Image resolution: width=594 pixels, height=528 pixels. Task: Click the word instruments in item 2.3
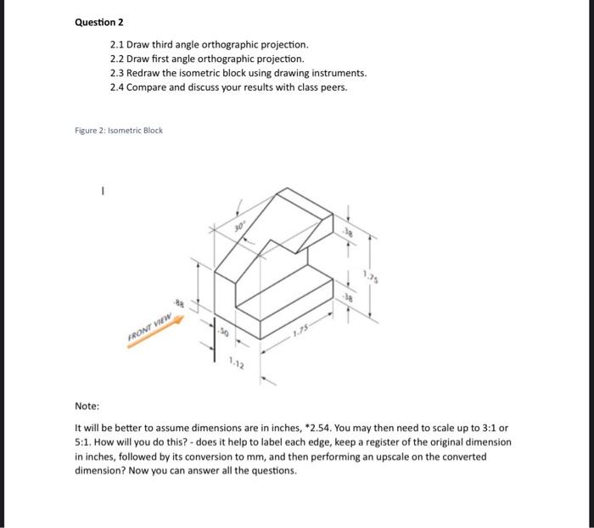pos(337,73)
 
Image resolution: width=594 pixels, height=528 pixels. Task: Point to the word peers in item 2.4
pos(332,87)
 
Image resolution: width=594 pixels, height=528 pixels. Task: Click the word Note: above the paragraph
pos(87,407)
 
